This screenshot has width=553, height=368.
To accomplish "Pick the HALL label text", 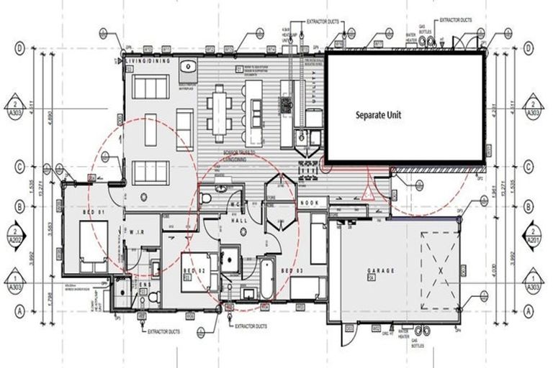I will (235, 222).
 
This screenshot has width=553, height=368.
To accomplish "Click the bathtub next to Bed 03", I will (267, 279).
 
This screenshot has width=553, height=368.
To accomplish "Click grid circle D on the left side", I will (21, 48).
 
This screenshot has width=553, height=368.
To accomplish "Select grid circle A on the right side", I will (530, 310).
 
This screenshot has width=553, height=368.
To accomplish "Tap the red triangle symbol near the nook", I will (368, 191).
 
